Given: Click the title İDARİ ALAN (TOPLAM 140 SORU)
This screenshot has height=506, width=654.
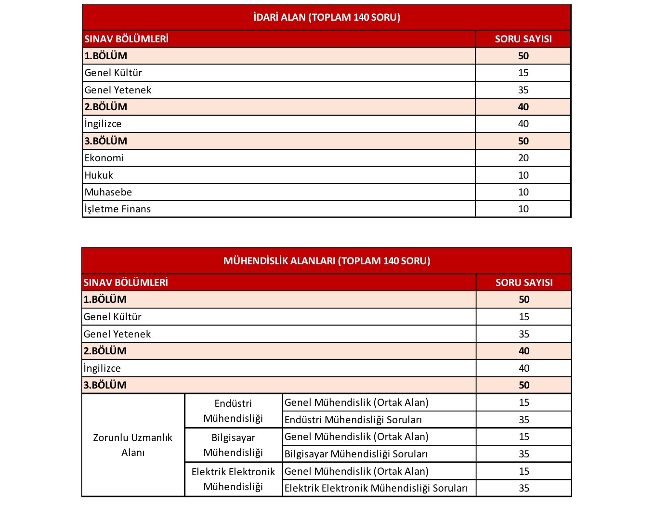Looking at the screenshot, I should [327, 17].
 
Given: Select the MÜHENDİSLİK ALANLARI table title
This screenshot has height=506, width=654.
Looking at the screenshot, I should [327, 261].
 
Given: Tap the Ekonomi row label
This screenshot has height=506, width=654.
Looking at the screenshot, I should [104, 158].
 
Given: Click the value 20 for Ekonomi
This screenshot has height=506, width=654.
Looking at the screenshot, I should [523, 158].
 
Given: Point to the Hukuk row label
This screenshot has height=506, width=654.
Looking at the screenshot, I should [99, 175].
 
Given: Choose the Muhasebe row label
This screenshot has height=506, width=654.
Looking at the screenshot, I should [108, 192].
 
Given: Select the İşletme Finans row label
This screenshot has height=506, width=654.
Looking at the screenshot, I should [118, 209].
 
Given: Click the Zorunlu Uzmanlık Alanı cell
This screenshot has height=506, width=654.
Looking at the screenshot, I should [132, 445].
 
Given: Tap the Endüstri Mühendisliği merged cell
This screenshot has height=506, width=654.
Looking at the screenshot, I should [233, 411].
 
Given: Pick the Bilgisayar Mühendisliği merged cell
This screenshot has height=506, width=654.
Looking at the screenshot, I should [233, 445].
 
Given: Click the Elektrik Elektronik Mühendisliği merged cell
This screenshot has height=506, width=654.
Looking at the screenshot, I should [233, 479].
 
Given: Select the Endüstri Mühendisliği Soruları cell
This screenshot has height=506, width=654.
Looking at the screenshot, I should [353, 420].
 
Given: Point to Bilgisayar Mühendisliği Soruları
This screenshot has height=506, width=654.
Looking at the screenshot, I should [356, 454].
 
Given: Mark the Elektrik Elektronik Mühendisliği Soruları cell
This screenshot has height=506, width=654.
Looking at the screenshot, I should [376, 488].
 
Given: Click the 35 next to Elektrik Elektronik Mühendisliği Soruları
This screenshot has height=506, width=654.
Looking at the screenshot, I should [524, 488].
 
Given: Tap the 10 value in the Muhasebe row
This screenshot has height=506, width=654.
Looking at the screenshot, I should [523, 192].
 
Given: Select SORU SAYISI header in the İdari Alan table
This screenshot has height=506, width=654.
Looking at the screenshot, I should [523, 39].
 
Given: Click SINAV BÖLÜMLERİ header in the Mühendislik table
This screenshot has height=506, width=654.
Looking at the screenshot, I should [126, 283].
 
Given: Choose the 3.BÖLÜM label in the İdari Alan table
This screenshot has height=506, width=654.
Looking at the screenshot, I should [106, 141].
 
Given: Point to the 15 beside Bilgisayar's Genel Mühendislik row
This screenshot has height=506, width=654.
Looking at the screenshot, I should [524, 437].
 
